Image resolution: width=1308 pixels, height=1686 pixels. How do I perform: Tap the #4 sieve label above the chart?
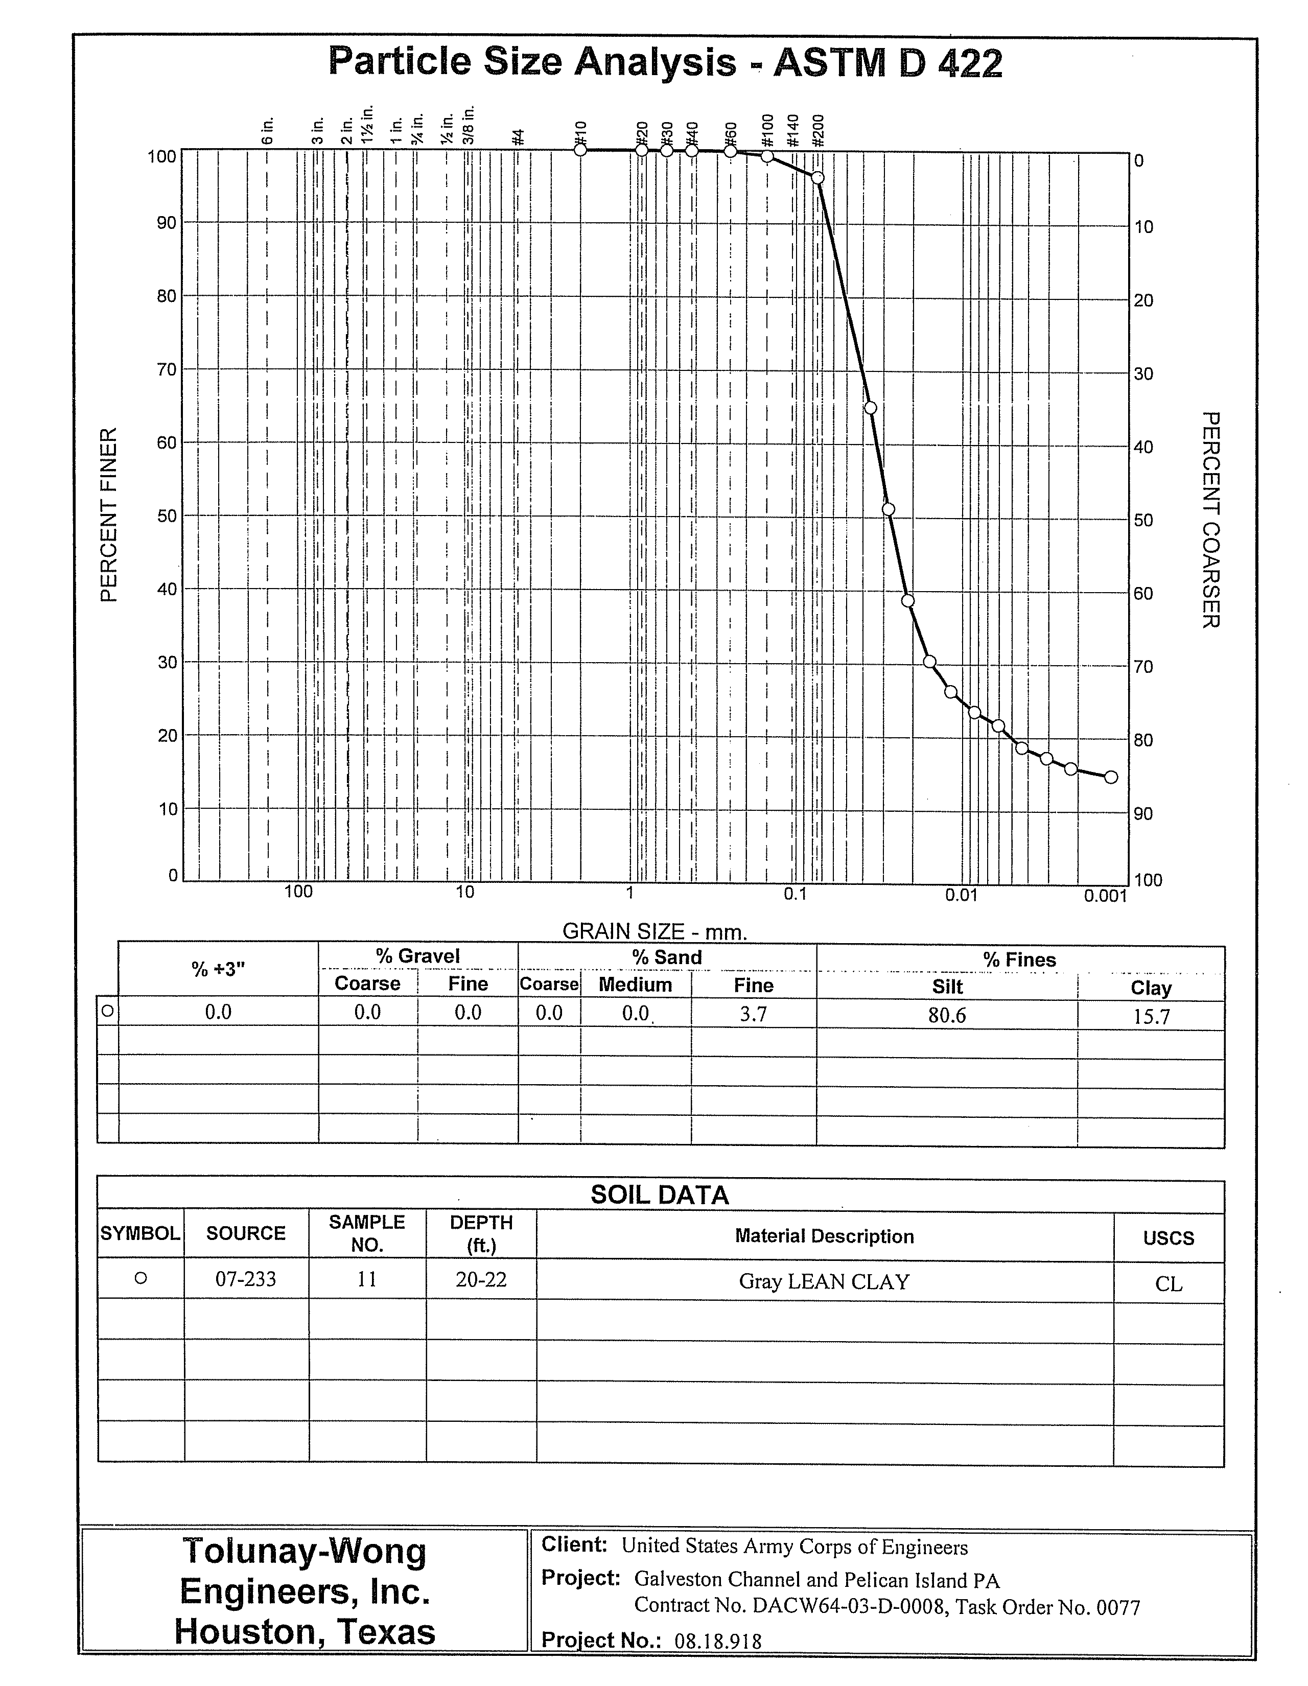click(x=519, y=136)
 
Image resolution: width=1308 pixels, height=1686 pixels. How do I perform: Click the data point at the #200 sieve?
click(x=818, y=178)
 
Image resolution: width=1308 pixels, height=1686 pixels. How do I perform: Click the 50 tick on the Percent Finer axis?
click(x=167, y=516)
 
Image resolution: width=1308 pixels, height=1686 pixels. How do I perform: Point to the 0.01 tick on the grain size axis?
click(x=961, y=894)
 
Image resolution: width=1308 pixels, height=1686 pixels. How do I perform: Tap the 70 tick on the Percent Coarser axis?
click(x=1143, y=666)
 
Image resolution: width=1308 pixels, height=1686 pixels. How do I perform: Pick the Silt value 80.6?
click(x=947, y=1015)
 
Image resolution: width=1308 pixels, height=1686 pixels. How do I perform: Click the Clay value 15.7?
click(x=1151, y=1017)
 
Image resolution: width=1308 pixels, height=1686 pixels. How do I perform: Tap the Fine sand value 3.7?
click(x=754, y=1014)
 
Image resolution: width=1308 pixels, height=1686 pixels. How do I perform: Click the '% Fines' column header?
click(x=1019, y=959)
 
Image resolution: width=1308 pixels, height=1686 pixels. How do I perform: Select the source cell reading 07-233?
click(x=246, y=1279)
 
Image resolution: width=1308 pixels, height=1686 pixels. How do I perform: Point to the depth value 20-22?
click(x=481, y=1279)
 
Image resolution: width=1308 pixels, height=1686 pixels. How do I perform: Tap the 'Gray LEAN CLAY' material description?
click(x=824, y=1281)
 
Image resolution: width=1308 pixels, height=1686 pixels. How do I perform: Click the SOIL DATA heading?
click(x=660, y=1195)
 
